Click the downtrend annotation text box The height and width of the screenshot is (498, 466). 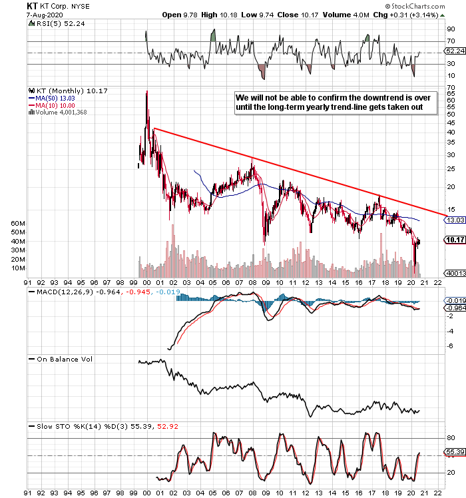coord(333,103)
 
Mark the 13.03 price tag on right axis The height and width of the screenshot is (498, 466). coord(455,220)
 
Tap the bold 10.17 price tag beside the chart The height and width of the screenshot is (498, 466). coord(455,240)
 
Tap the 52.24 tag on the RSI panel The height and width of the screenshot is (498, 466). coord(455,51)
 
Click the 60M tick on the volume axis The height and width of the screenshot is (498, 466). coord(17,224)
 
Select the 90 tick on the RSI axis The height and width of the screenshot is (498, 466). coord(451,29)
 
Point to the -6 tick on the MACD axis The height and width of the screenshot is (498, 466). coord(450,345)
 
